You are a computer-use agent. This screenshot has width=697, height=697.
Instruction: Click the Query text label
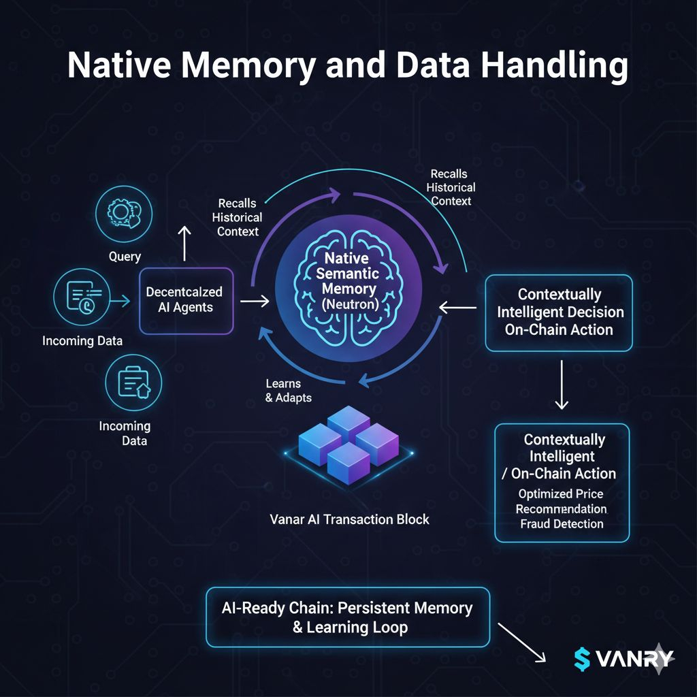click(x=125, y=257)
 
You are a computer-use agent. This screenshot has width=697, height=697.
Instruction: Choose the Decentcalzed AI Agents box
click(x=186, y=300)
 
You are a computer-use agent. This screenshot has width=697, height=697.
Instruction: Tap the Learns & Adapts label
click(x=288, y=390)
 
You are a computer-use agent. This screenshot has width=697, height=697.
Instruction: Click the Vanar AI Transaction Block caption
click(x=350, y=519)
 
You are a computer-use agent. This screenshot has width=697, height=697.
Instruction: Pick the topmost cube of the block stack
click(x=348, y=422)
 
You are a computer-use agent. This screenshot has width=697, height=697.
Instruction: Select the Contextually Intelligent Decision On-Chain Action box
click(x=559, y=312)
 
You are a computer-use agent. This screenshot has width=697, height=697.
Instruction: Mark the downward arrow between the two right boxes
click(x=561, y=385)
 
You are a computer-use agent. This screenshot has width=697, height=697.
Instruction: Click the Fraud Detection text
click(x=562, y=523)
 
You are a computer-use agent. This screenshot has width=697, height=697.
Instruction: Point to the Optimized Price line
click(x=561, y=493)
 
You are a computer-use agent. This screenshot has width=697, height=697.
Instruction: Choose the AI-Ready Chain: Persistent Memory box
click(x=348, y=617)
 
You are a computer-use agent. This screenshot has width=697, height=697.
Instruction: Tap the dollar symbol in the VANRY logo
click(x=582, y=658)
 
